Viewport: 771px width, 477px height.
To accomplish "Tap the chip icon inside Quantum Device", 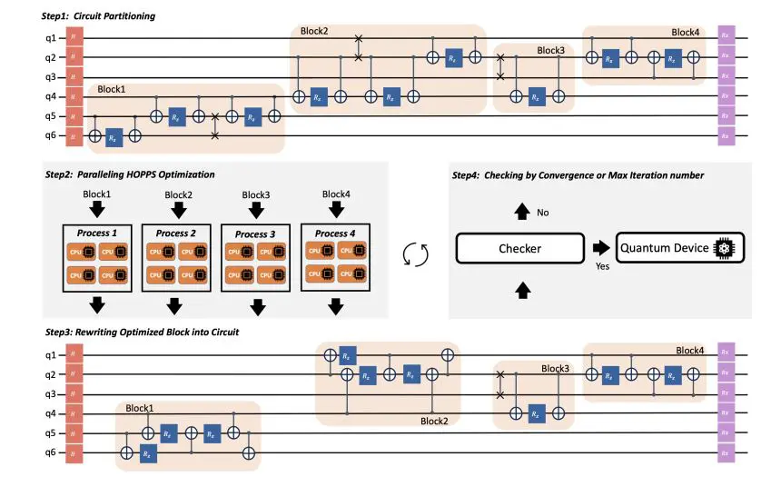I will point(726,248).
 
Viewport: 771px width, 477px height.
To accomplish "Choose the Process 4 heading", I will point(336,234).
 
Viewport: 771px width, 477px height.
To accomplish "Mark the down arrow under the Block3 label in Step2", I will point(257,208).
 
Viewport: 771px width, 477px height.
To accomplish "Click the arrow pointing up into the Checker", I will point(521,290).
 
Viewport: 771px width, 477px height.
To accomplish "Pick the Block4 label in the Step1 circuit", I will point(687,32).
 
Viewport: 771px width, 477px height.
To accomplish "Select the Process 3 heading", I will point(257,234).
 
